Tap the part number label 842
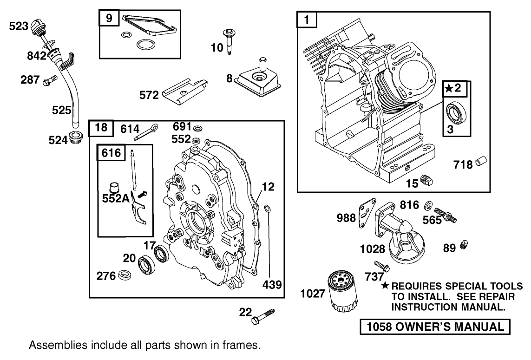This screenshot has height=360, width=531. coord(37,56)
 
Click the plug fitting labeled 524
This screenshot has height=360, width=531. coord(75,138)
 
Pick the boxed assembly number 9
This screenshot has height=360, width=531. coord(109,19)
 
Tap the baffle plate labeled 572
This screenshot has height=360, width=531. coord(184,93)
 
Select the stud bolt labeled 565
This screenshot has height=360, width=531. coord(445,215)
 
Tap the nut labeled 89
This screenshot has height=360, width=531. coord(463,245)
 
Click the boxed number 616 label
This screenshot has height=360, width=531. coord(111,153)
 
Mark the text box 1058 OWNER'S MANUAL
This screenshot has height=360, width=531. coord(435,327)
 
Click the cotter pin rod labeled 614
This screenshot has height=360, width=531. coord(147,132)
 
